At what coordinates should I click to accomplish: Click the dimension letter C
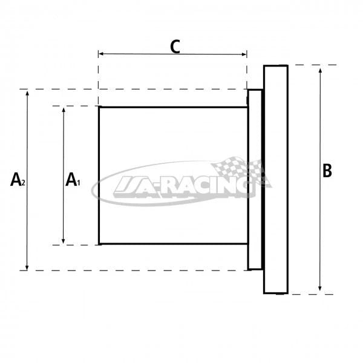point(175,47)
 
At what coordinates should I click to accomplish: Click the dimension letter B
point(327,171)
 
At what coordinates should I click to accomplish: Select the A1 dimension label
point(73,180)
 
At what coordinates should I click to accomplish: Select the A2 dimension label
point(18,180)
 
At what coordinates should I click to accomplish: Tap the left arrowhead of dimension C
point(100,54)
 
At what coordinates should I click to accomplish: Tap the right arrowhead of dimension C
point(244,54)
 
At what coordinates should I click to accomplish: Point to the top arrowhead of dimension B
point(320,71)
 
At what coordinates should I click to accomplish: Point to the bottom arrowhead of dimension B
point(319,289)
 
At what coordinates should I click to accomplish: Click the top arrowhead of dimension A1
point(64,110)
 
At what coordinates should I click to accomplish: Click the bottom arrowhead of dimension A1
point(63,241)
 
